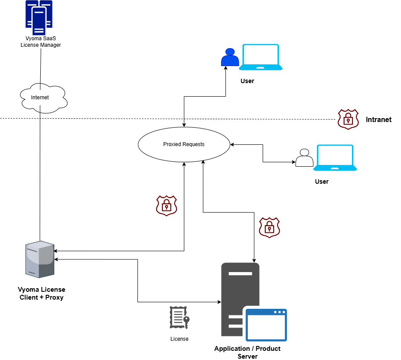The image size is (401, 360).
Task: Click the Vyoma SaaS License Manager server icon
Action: [39, 17]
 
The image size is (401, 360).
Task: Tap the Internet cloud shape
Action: [43, 97]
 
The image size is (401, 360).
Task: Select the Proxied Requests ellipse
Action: [184, 144]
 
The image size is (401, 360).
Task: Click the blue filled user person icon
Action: [230, 58]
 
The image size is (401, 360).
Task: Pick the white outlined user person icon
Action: [304, 158]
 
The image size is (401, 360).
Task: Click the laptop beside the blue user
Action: [260, 57]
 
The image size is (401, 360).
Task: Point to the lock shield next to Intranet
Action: [348, 119]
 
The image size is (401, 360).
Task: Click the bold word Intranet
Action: [379, 119]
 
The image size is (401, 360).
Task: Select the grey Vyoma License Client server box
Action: [39, 259]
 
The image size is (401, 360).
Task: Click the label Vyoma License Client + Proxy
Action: [42, 294]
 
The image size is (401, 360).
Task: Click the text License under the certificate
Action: [179, 339]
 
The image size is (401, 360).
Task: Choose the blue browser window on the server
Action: [266, 325]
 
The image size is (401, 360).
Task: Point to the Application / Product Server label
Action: [247, 352]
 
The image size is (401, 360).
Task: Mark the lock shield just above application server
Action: [269, 227]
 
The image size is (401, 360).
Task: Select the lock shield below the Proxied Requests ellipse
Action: [166, 206]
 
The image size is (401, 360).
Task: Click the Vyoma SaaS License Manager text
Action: [41, 42]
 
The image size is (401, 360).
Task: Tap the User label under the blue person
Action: [247, 81]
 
